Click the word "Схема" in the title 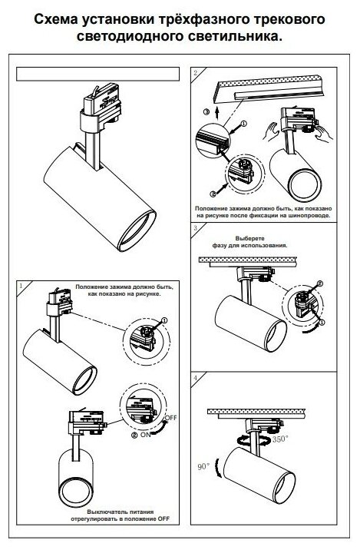pyautogui.click(x=56, y=19)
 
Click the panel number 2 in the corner pyautogui.click(x=195, y=73)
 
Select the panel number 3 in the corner pyautogui.click(x=195, y=228)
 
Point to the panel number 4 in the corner pyautogui.click(x=195, y=378)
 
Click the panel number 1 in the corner pyautogui.click(x=21, y=286)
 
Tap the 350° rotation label pyautogui.click(x=280, y=439)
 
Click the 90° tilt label pyautogui.click(x=203, y=466)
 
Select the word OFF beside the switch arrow pyautogui.click(x=170, y=418)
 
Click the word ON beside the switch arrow pyautogui.click(x=146, y=435)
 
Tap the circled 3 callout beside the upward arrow pyautogui.click(x=206, y=112)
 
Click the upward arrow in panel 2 pyautogui.click(x=217, y=113)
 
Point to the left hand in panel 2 pyautogui.click(x=271, y=131)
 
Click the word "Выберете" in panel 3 pyautogui.click(x=250, y=239)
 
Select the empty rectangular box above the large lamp pyautogui.click(x=97, y=74)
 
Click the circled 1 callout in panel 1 pyautogui.click(x=164, y=320)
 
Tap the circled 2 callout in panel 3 pyautogui.click(x=319, y=283)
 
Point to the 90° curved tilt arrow pyautogui.click(x=218, y=468)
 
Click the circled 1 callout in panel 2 pyautogui.click(x=244, y=124)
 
